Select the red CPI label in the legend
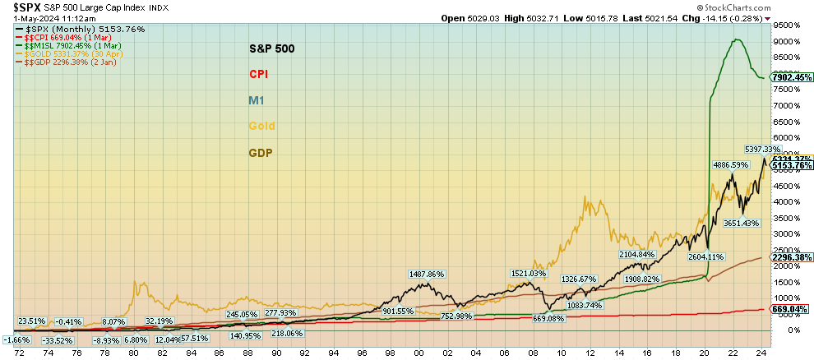[x=259, y=74]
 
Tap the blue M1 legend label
[x=257, y=100]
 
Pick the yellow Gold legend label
[x=261, y=127]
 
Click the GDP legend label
[x=261, y=153]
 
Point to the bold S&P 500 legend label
[x=271, y=48]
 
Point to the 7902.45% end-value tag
[x=792, y=77]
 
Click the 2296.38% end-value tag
[x=792, y=257]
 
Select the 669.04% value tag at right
[x=790, y=309]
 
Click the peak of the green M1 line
[x=738, y=39]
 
